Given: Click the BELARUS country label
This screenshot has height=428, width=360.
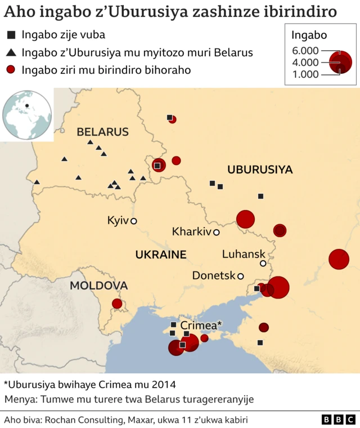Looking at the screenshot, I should point(102,132).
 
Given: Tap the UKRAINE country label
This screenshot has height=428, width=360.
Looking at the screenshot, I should point(160,255).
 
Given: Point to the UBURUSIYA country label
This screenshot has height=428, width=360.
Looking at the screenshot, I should point(260,170).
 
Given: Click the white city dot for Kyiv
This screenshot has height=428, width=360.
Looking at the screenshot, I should point(134,221).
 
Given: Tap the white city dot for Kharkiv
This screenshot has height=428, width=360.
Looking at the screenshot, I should point(216,232).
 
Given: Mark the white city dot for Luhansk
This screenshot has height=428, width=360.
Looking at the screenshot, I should point(263,264).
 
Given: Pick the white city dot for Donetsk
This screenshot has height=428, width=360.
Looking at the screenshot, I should point(240,276).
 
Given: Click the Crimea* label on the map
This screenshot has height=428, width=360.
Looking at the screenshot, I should point(201,325).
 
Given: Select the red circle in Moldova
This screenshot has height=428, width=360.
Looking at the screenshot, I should point(117,304).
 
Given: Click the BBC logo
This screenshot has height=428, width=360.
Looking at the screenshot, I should point(338,420).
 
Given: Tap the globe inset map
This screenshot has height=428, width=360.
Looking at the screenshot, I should point(26,114).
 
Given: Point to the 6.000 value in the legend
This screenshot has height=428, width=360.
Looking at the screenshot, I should point(305,51).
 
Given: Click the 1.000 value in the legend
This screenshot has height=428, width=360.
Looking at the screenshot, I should point(305,74).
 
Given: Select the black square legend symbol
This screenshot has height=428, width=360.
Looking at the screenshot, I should point(11,35).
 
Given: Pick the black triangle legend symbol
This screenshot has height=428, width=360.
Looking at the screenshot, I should point(11,53).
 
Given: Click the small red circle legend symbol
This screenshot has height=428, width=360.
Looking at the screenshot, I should point(11,70).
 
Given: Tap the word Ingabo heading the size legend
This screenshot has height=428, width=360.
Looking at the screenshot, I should point(309,35).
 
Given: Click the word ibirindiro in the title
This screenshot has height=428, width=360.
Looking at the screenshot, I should point(304,11).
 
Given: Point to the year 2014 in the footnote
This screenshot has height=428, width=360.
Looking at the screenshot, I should point(163,385).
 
